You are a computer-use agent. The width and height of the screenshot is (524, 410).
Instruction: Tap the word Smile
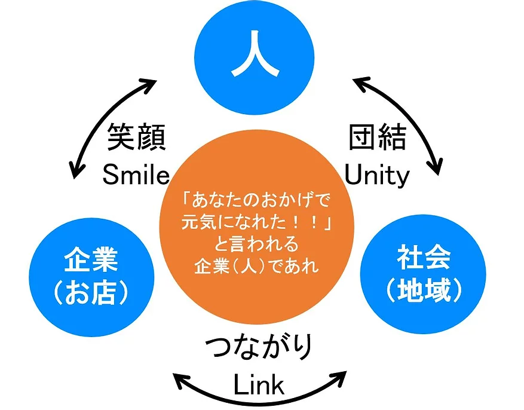[136, 175]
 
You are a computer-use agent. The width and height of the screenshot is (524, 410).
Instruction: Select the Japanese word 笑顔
[136, 139]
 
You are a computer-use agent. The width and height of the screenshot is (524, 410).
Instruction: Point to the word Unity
[378, 175]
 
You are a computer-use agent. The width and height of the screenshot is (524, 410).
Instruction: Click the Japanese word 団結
[378, 139]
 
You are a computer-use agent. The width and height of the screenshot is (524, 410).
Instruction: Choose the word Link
[259, 386]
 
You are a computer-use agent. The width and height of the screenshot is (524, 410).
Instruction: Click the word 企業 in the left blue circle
[91, 261]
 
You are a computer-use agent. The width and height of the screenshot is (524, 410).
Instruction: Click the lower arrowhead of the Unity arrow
[437, 167]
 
